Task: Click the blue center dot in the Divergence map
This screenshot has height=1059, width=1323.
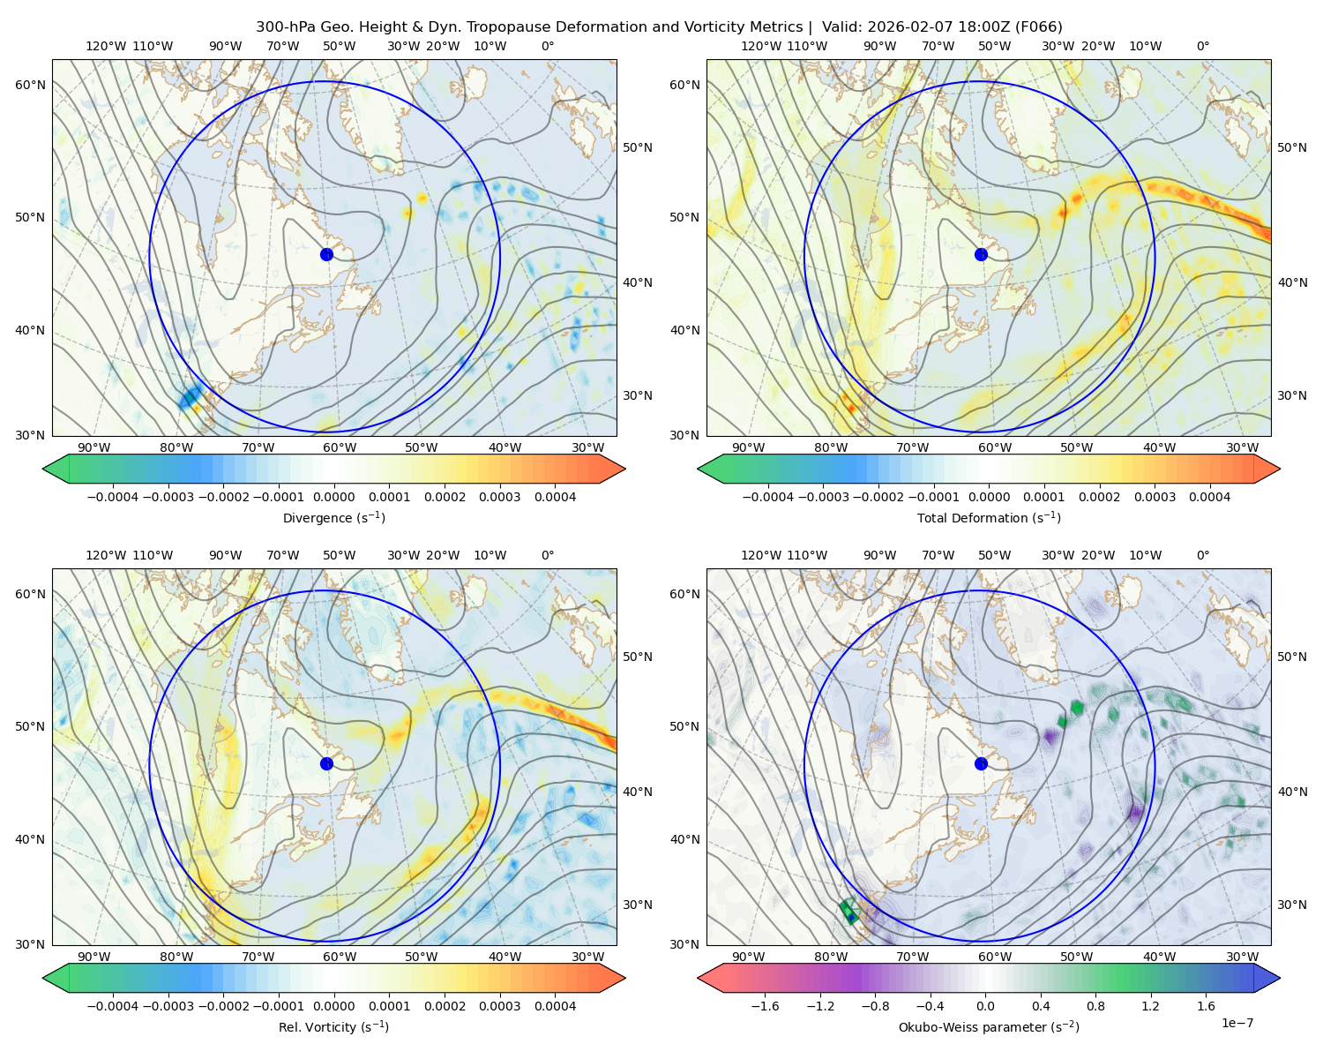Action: click(x=326, y=254)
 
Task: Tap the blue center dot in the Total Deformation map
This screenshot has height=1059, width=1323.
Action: click(x=981, y=254)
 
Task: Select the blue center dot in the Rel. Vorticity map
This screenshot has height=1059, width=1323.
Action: click(x=326, y=763)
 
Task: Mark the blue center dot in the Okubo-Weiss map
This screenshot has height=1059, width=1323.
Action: click(x=981, y=763)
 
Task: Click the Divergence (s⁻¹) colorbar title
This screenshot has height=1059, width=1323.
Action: click(x=334, y=518)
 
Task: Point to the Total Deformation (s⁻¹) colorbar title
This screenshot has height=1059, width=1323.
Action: click(x=989, y=518)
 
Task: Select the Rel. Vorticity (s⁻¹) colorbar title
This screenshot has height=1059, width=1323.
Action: click(x=334, y=1027)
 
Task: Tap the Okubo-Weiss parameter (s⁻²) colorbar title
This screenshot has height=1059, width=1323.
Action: click(x=989, y=1027)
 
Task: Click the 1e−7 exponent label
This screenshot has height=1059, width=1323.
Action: click(x=1237, y=1023)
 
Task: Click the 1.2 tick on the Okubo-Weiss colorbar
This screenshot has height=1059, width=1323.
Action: click(x=1151, y=1006)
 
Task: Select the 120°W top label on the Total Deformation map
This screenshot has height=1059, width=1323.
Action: click(x=760, y=46)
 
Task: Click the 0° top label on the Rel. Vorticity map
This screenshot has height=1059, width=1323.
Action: click(x=548, y=555)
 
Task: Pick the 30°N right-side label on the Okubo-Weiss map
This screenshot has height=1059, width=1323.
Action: click(x=1292, y=905)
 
